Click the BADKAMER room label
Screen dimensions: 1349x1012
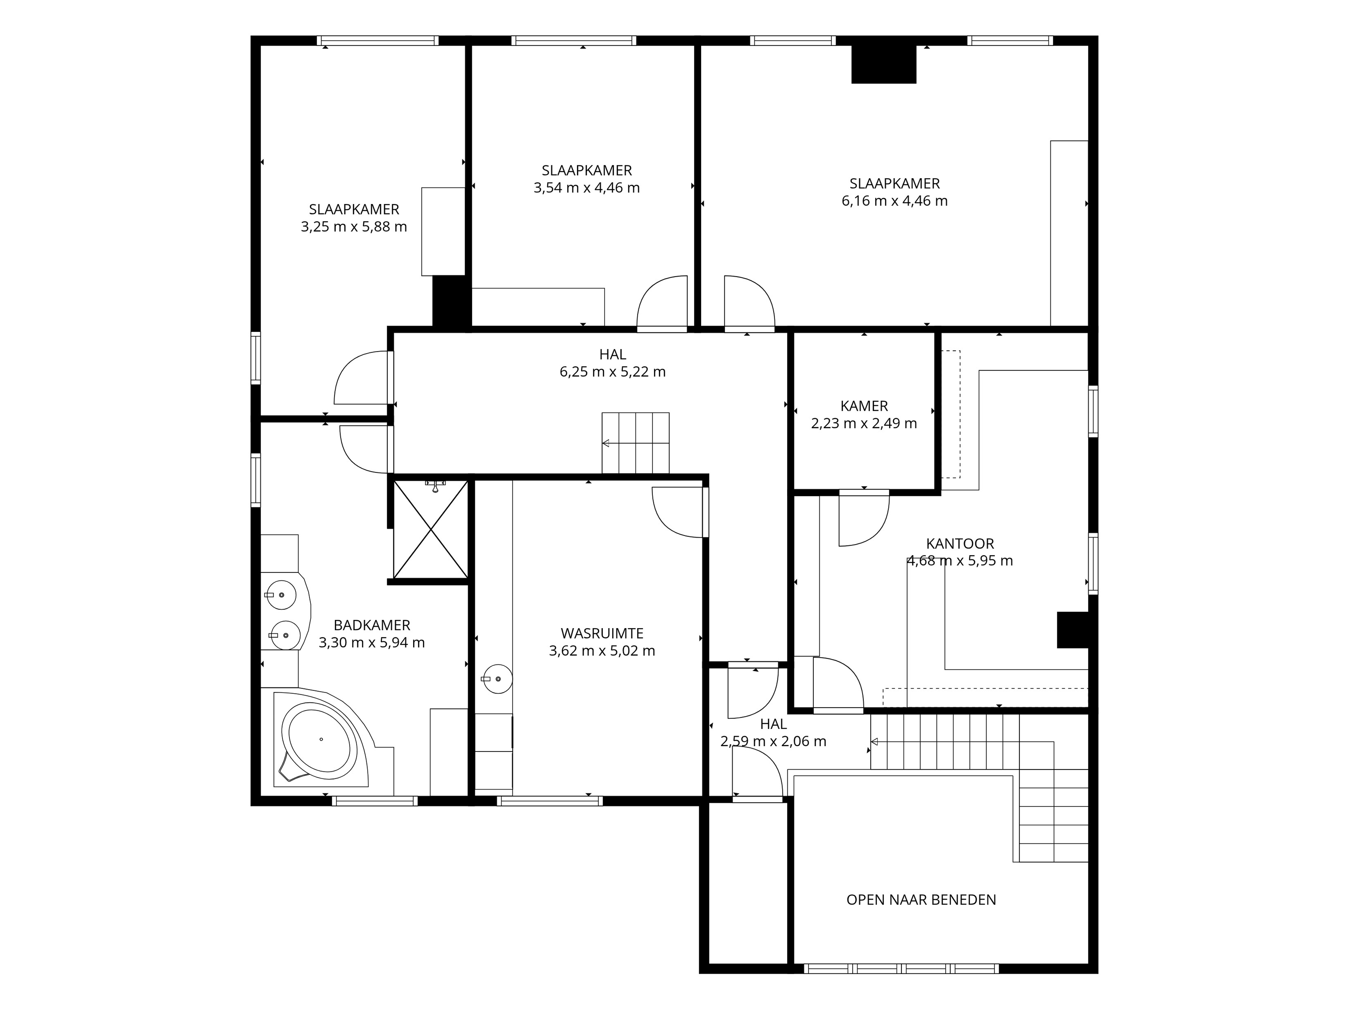coord(372,625)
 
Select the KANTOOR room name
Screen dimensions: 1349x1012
coord(960,543)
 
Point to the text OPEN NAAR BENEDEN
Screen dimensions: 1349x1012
coord(921,900)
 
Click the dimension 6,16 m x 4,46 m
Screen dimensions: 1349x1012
coord(895,201)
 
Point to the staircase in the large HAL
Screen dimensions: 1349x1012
coord(635,443)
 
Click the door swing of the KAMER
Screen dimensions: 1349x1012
coord(864,518)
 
